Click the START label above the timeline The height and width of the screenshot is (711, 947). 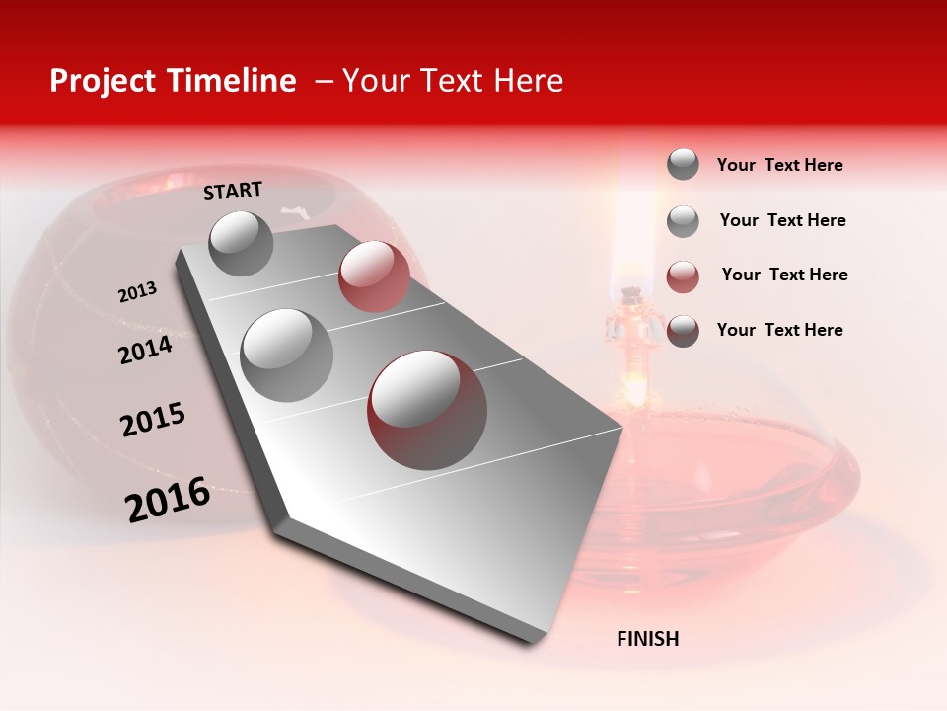click(x=233, y=190)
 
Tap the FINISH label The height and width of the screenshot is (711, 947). click(x=647, y=639)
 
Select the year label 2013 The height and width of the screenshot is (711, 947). click(x=137, y=292)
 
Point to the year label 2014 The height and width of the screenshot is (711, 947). click(x=145, y=350)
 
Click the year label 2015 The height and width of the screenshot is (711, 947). click(x=153, y=420)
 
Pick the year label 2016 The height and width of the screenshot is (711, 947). click(x=168, y=500)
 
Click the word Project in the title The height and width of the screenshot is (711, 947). click(x=102, y=81)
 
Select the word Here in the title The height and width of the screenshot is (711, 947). click(x=528, y=81)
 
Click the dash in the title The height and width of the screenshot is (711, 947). click(x=324, y=81)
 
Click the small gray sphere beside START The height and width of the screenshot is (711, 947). click(x=241, y=243)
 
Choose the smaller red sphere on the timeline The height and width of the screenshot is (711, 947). click(x=374, y=276)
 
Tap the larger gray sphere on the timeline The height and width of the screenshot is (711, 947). click(x=286, y=355)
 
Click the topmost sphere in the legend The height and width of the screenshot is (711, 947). click(x=683, y=164)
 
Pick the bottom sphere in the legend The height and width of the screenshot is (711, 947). click(x=683, y=331)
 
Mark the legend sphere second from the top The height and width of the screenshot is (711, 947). click(x=683, y=221)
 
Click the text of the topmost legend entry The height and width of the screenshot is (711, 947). click(x=779, y=165)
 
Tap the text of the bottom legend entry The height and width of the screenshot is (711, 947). click(x=779, y=330)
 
